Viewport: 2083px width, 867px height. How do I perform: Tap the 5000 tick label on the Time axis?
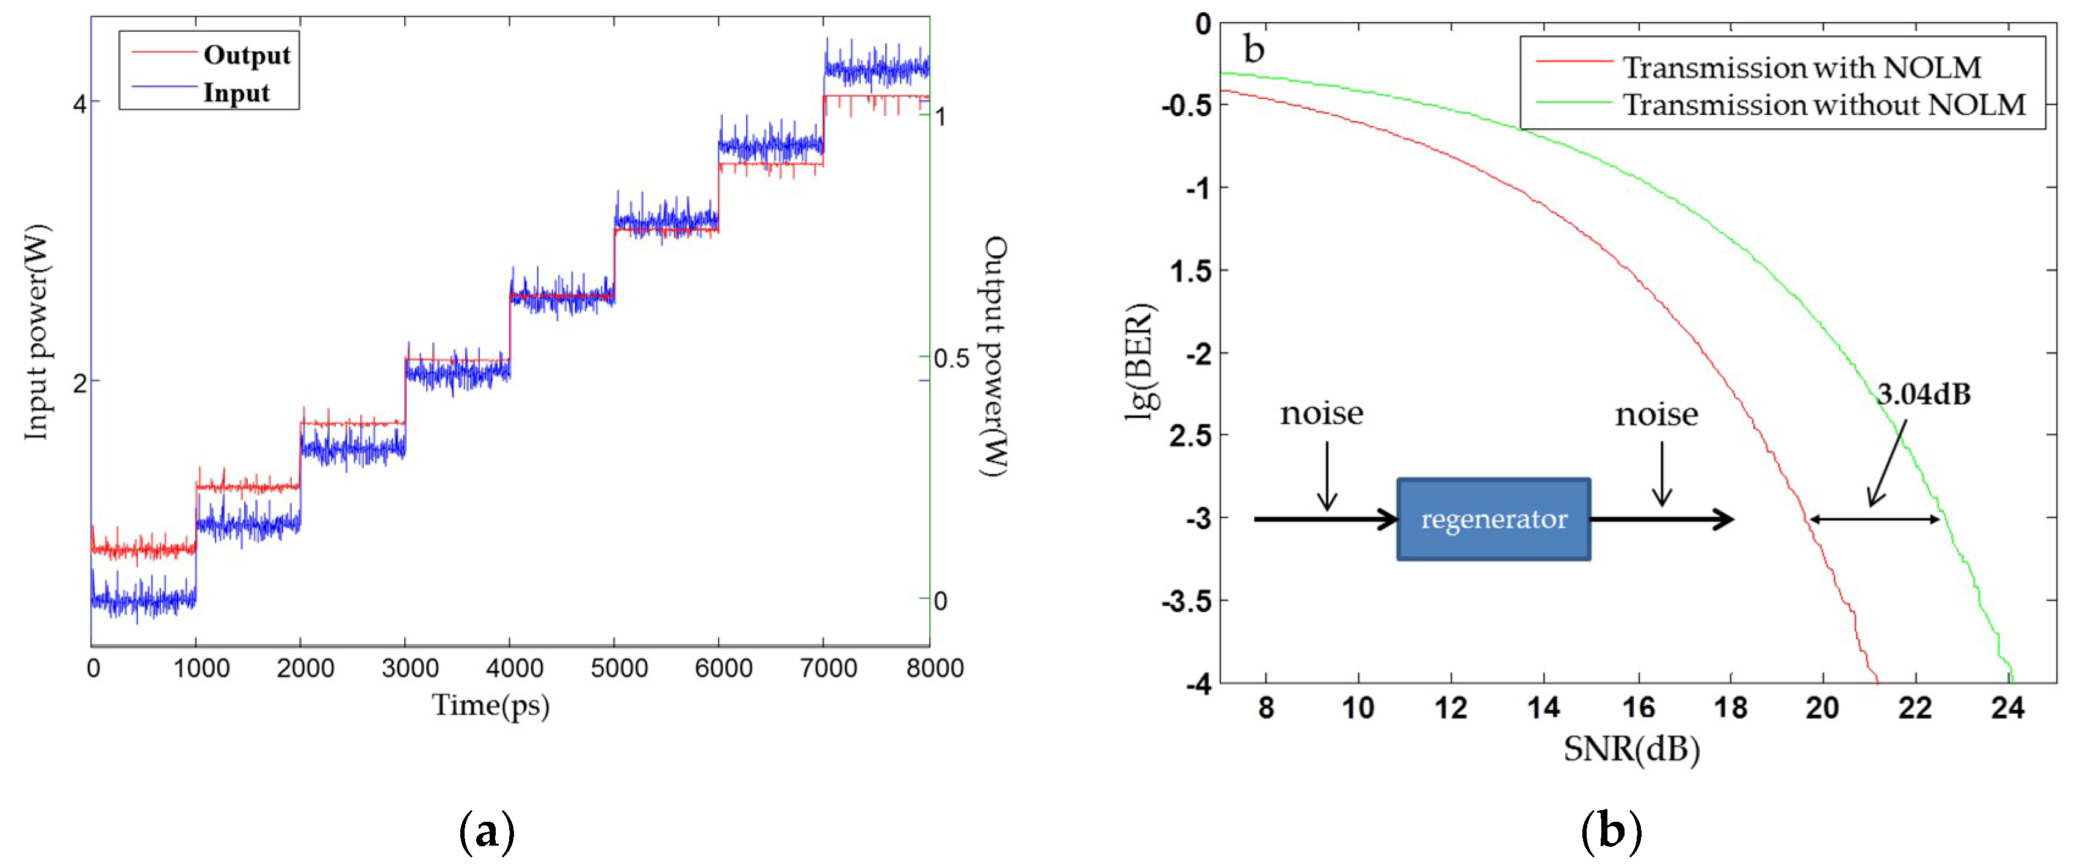618,668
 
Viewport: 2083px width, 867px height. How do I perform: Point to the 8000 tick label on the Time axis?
935,668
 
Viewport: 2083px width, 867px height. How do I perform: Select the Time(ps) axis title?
490,706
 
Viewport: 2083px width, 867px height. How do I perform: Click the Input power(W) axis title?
37,332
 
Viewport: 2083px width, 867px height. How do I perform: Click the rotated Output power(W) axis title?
994,356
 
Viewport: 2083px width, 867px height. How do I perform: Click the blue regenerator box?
1493,519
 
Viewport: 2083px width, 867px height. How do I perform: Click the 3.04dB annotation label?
1923,394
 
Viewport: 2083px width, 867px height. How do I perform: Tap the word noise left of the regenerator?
1321,414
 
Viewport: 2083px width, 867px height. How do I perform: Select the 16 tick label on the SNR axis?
1639,708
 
